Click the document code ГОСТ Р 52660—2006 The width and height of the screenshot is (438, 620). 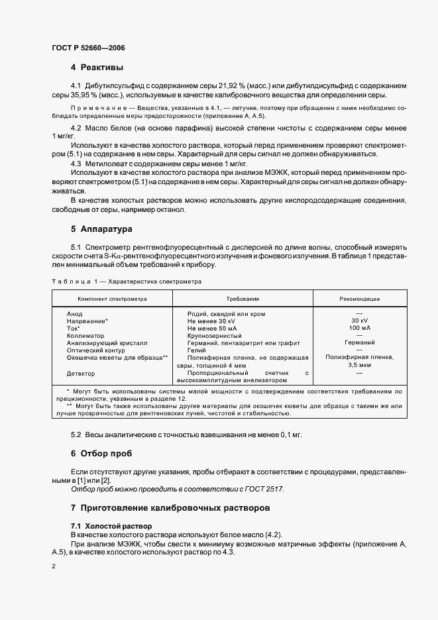click(x=88, y=48)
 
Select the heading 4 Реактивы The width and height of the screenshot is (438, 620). click(x=97, y=68)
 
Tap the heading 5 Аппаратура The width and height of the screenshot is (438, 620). click(x=102, y=229)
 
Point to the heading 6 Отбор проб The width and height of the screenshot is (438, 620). click(x=101, y=454)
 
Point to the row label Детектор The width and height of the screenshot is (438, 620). click(x=81, y=374)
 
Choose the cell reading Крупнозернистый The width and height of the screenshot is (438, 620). click(x=216, y=336)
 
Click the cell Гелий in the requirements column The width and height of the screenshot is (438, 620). click(x=197, y=350)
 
